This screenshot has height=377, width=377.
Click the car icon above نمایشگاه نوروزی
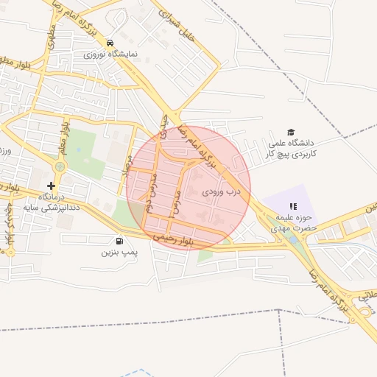[x=110, y=43]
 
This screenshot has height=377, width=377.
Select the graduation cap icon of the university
[x=291, y=132]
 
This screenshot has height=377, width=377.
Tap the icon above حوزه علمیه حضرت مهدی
[x=293, y=207]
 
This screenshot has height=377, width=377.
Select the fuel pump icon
[x=119, y=240]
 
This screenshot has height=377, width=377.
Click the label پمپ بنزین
[x=119, y=252]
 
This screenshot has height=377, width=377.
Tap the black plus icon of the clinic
[x=51, y=186]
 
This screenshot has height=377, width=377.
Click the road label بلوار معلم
[x=65, y=135]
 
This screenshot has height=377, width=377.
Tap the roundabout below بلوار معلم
[x=60, y=167]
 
